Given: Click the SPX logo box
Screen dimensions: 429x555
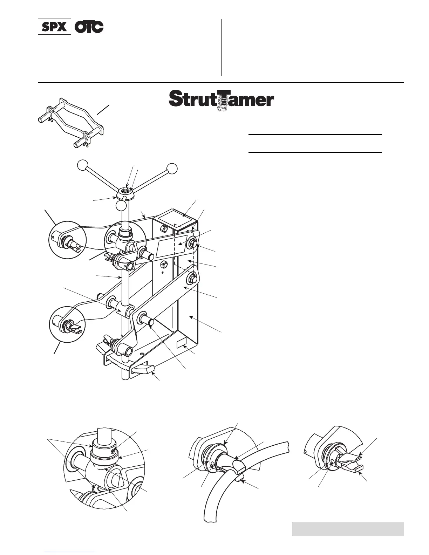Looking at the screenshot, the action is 54,27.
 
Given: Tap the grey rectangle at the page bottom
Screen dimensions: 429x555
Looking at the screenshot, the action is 347,529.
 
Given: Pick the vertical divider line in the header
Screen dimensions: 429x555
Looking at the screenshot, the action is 221,47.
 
